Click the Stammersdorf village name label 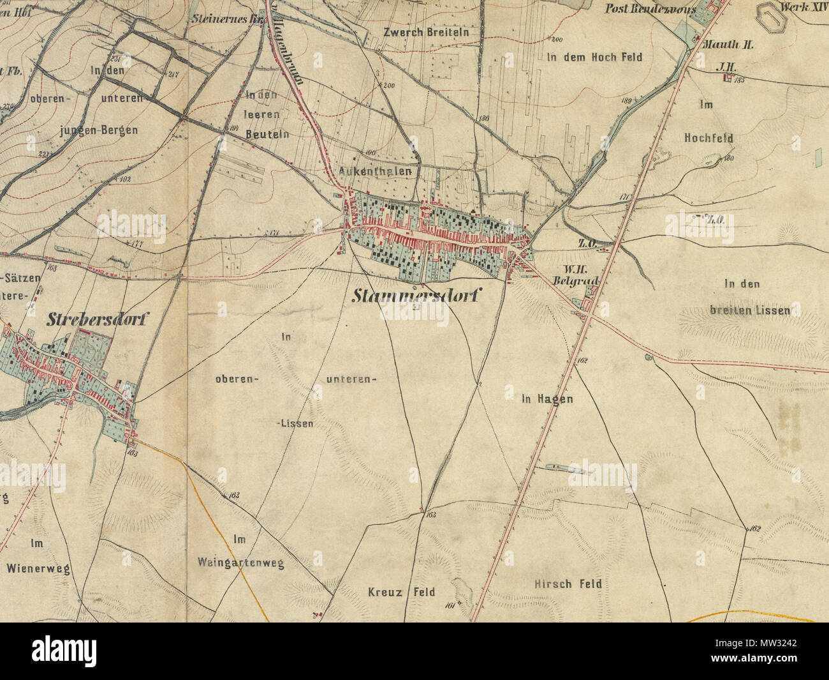pyautogui.click(x=417, y=296)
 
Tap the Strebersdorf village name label pyautogui.click(x=96, y=320)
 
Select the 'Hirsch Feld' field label pyautogui.click(x=568, y=584)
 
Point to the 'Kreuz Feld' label pyautogui.click(x=401, y=592)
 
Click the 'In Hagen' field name pyautogui.click(x=547, y=400)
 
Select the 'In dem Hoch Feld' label pyautogui.click(x=594, y=57)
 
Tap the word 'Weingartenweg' pyautogui.click(x=241, y=564)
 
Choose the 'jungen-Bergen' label pyautogui.click(x=98, y=131)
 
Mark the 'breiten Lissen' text pyautogui.click(x=749, y=311)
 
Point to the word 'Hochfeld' pyautogui.click(x=708, y=138)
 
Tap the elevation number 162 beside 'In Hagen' pyautogui.click(x=581, y=361)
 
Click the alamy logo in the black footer pyautogui.click(x=64, y=651)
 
